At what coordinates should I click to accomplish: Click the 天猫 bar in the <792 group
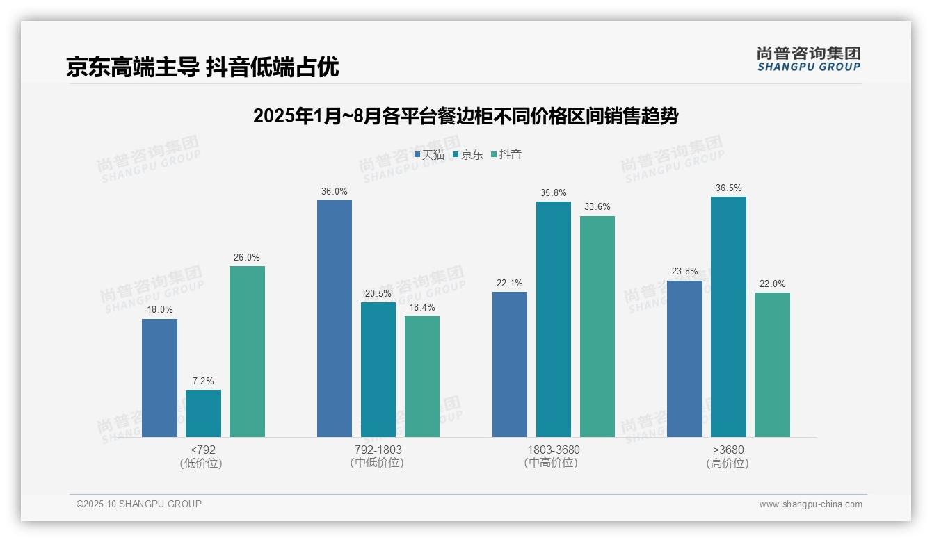(159, 378)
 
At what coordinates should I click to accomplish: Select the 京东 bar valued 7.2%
(203, 413)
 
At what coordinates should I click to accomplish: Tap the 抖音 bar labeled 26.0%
(247, 352)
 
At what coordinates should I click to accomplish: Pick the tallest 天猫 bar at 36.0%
(335, 319)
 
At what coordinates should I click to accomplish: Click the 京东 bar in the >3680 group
(728, 317)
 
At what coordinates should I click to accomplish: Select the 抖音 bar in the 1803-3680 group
(597, 327)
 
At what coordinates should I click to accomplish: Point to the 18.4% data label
(422, 307)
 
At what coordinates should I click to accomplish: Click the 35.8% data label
(554, 192)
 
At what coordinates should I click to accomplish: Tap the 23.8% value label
(684, 272)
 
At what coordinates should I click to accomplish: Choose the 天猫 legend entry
(429, 154)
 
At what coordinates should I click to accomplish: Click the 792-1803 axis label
(378, 450)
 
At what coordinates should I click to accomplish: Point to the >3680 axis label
(728, 450)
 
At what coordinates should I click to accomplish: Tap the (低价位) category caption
(201, 463)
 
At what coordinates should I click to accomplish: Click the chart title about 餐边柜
(465, 116)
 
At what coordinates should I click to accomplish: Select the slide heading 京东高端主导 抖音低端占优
(202, 67)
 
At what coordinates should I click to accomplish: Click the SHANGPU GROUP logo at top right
(808, 59)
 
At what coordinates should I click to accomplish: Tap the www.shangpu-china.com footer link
(810, 504)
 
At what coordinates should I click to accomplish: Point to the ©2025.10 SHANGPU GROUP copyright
(139, 504)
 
